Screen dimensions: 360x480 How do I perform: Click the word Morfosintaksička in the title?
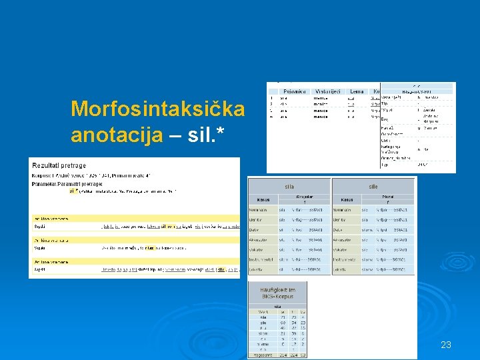(158, 109)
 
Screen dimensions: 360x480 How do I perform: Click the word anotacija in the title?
(117, 135)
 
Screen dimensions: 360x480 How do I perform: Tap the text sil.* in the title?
(206, 135)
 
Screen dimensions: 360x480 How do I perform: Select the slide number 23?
(446, 345)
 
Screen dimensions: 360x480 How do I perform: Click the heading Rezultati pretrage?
(61, 165)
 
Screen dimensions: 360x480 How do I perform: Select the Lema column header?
(357, 91)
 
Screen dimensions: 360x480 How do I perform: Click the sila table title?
(289, 187)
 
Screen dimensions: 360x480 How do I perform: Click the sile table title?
(373, 187)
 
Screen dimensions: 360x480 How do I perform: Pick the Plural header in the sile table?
(387, 197)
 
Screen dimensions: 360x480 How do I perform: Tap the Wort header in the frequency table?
(261, 311)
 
